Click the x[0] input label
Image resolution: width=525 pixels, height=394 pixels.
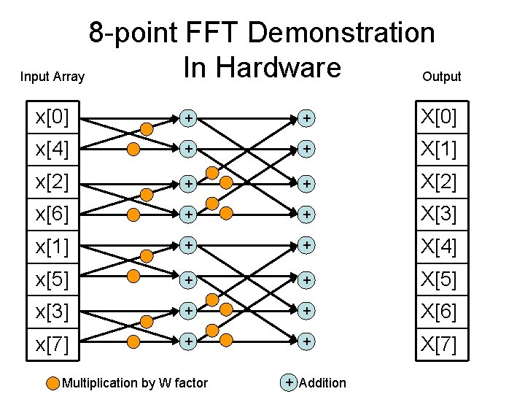point(52,117)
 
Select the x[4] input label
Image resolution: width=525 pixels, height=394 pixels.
point(52,150)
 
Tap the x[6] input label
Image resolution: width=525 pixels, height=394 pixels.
point(52,215)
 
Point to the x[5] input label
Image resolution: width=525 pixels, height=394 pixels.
point(52,279)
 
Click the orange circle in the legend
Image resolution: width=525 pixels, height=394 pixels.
point(53,383)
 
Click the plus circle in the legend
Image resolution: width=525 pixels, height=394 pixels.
point(289,382)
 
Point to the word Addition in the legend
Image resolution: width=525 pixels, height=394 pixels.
point(322,383)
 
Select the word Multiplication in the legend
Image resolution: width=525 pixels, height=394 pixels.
point(100,383)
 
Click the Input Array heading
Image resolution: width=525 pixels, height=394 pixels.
point(52,77)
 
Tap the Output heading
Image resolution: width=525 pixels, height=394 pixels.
point(442,77)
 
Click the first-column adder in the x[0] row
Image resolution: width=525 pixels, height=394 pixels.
point(189,117)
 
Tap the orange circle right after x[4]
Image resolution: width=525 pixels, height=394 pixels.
point(133,150)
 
